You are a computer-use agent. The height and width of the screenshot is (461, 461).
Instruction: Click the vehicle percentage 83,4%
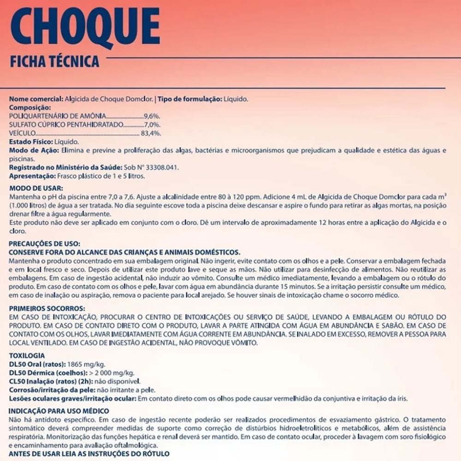[151, 133]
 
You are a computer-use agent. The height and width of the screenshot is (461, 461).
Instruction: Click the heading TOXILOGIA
[27, 355]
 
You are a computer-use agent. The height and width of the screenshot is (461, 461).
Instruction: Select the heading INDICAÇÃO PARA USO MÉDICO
[59, 411]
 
